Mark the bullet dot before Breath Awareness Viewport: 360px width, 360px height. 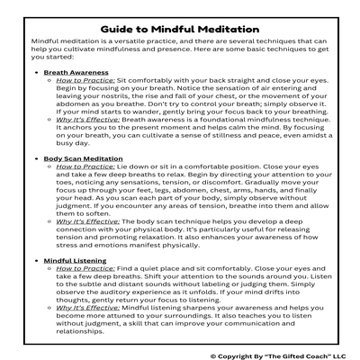point(35,71)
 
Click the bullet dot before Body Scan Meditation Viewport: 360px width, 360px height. point(35,158)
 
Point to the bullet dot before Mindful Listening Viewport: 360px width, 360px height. point(35,260)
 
